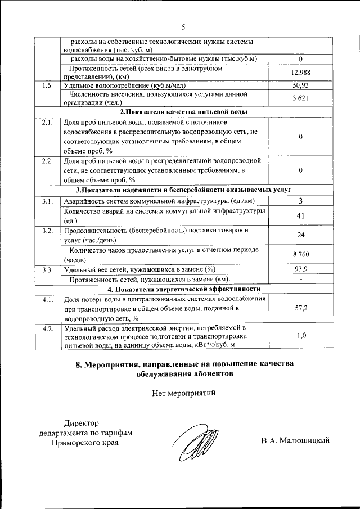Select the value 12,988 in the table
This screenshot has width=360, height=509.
pyautogui.click(x=301, y=73)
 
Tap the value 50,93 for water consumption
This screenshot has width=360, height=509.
pyautogui.click(x=301, y=85)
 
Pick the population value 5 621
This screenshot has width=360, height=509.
pyautogui.click(x=301, y=98)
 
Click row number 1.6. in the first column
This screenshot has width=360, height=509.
pyautogui.click(x=47, y=85)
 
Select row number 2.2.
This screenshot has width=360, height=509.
pyautogui.click(x=47, y=161)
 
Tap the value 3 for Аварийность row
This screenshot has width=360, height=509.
pyautogui.click(x=301, y=201)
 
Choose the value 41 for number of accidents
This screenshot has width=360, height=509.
pyautogui.click(x=301, y=215)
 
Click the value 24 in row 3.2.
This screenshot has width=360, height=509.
pyautogui.click(x=301, y=235)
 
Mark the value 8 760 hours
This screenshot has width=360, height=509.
pyautogui.click(x=301, y=255)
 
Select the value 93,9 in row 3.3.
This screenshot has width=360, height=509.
pyautogui.click(x=301, y=269)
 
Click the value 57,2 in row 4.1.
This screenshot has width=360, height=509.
pyautogui.click(x=301, y=308)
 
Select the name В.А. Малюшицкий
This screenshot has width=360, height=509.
pyautogui.click(x=295, y=440)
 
